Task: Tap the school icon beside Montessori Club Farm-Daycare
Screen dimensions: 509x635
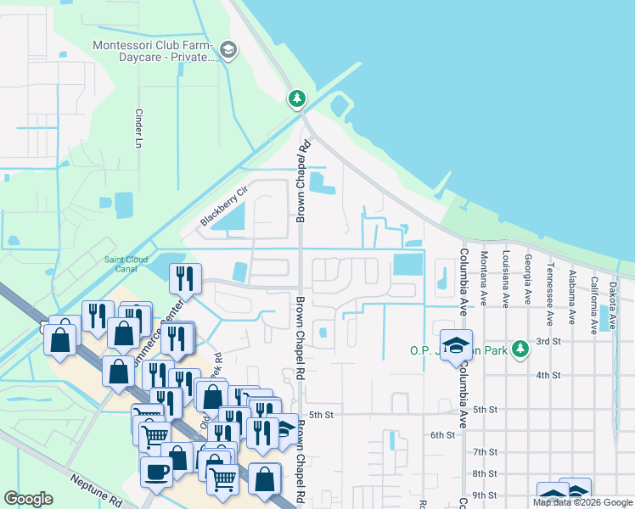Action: pos(228,50)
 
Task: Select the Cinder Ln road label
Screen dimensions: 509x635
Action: pos(138,128)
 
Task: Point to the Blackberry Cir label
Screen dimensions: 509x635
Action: pos(223,207)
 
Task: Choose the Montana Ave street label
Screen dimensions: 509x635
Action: pos(485,277)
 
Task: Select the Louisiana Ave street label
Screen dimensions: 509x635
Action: pos(506,277)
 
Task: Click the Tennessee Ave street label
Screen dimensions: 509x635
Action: pos(550,282)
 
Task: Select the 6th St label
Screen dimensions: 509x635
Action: pos(443,434)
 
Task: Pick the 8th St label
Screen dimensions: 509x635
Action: pos(485,473)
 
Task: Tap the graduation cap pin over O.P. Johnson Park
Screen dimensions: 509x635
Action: pos(456,344)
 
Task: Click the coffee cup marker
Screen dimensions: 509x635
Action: pos(156,471)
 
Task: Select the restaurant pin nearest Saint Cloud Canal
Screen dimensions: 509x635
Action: pos(183,277)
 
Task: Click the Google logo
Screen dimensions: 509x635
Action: pos(29,499)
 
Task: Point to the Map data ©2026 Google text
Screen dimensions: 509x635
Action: pos(582,502)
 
